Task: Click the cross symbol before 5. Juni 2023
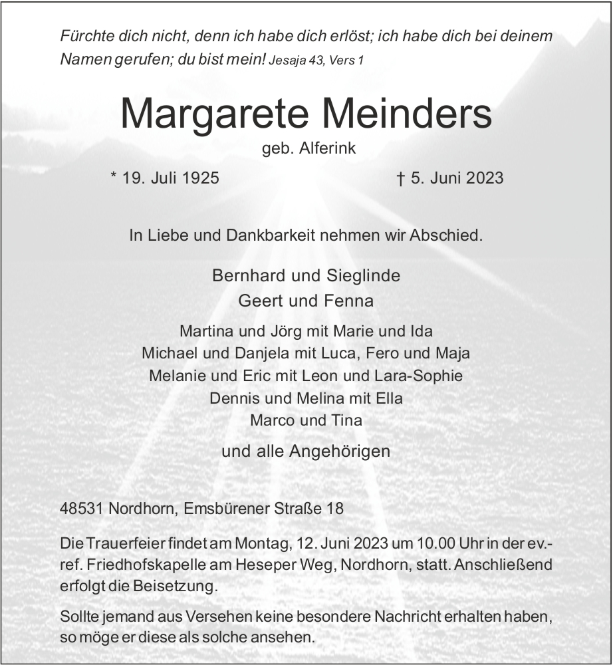(400, 178)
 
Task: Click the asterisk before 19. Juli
(114, 176)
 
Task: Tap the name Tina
(347, 420)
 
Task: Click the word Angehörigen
(340, 452)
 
